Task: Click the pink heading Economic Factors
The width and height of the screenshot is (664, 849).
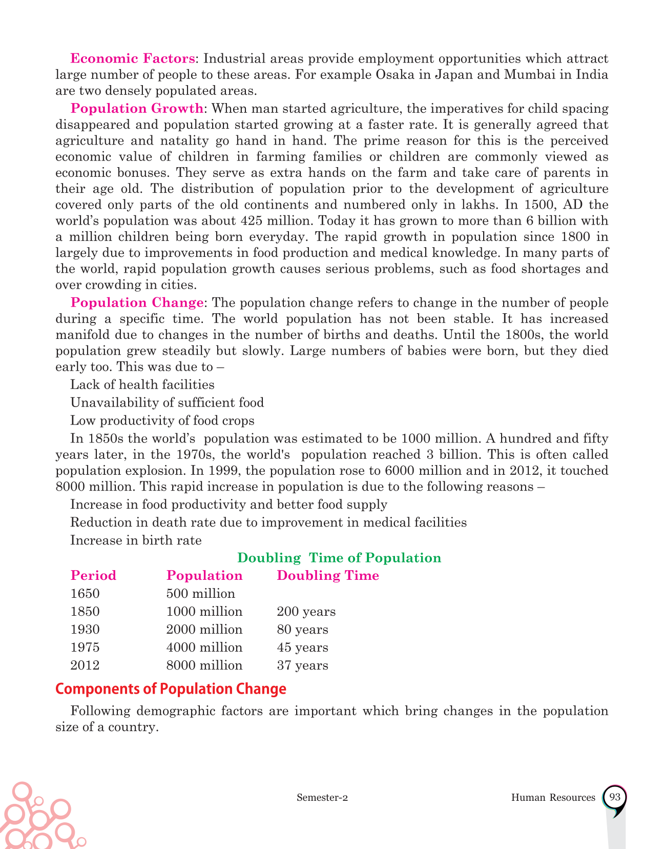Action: click(x=133, y=58)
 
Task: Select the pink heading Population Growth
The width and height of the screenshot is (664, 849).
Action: click(x=137, y=108)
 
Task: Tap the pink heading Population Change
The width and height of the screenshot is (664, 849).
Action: click(x=137, y=302)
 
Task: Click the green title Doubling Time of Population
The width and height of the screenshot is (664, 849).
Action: click(x=339, y=558)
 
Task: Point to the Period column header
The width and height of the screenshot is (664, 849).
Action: click(x=93, y=576)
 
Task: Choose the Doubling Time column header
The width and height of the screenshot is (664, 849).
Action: click(x=328, y=576)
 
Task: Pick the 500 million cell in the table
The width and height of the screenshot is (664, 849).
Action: click(x=201, y=594)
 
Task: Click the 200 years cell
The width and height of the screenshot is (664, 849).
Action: click(x=306, y=612)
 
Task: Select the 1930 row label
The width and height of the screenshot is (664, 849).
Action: click(x=85, y=630)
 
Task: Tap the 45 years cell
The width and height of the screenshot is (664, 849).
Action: click(x=302, y=648)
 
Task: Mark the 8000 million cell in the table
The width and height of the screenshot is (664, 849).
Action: click(x=204, y=665)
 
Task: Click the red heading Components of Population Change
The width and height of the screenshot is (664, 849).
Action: click(x=171, y=689)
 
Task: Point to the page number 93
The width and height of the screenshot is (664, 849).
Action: click(x=615, y=797)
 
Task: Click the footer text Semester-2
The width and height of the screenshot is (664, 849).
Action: click(x=322, y=798)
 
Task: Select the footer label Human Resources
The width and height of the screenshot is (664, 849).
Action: click(x=553, y=798)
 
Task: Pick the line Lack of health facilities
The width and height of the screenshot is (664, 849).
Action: click(x=142, y=385)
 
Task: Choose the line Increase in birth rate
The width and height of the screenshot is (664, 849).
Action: click(x=136, y=540)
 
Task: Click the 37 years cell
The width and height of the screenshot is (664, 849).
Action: click(x=302, y=665)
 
